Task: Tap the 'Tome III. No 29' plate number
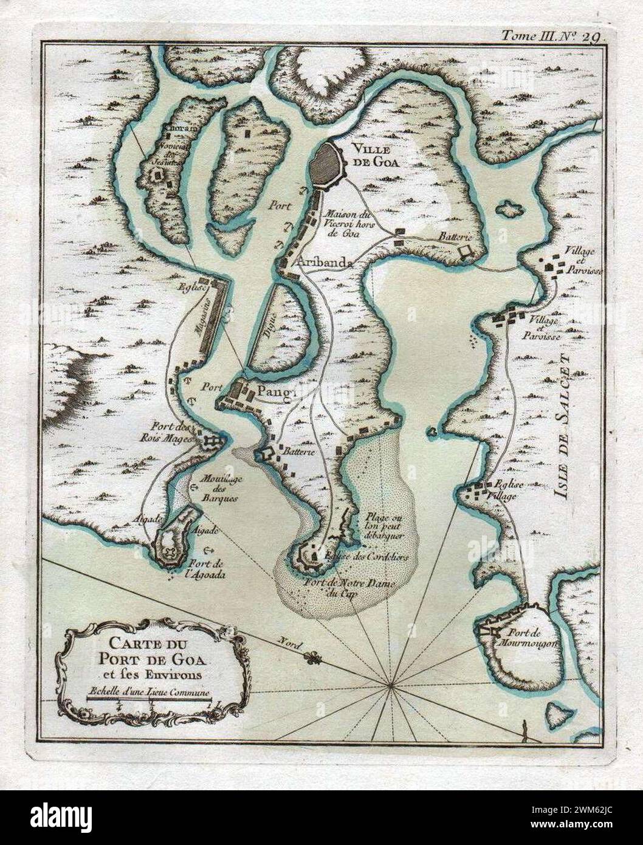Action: click(x=551, y=36)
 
